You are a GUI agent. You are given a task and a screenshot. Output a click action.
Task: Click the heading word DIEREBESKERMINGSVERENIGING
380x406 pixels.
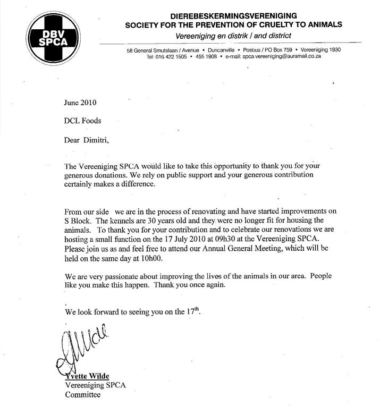click(x=233, y=16)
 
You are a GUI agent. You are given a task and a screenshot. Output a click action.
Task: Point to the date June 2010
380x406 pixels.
click(x=80, y=103)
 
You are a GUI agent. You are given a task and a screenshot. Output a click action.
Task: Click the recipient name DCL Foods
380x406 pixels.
click(x=84, y=122)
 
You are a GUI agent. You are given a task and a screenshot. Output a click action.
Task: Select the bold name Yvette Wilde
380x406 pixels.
click(x=87, y=377)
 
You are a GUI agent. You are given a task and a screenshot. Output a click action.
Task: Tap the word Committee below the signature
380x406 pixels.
click(x=82, y=395)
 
